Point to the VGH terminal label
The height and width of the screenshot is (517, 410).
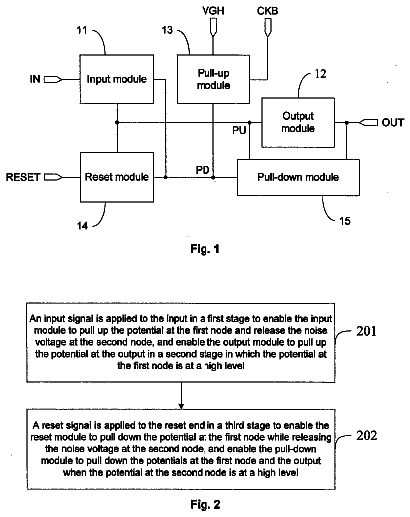[x=213, y=11]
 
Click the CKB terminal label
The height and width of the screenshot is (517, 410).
[x=267, y=11]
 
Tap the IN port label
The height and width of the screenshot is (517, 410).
[x=35, y=79]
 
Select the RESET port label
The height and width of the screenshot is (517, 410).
[x=23, y=177]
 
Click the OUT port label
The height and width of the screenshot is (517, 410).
[x=393, y=123]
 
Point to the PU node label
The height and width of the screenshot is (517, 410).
[x=239, y=130]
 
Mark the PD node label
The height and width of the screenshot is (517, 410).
[x=203, y=170]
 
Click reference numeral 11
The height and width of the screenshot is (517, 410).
[x=82, y=30]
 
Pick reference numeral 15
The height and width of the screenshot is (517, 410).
[x=345, y=221]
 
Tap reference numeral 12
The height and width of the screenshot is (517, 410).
[x=320, y=74]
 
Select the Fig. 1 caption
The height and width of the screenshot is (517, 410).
[x=205, y=249]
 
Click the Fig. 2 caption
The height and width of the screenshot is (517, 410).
[x=205, y=504]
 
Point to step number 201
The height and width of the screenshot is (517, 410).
[x=366, y=331]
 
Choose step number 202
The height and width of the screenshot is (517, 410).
[x=367, y=435]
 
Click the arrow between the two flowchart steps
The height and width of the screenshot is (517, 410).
[x=181, y=396]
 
